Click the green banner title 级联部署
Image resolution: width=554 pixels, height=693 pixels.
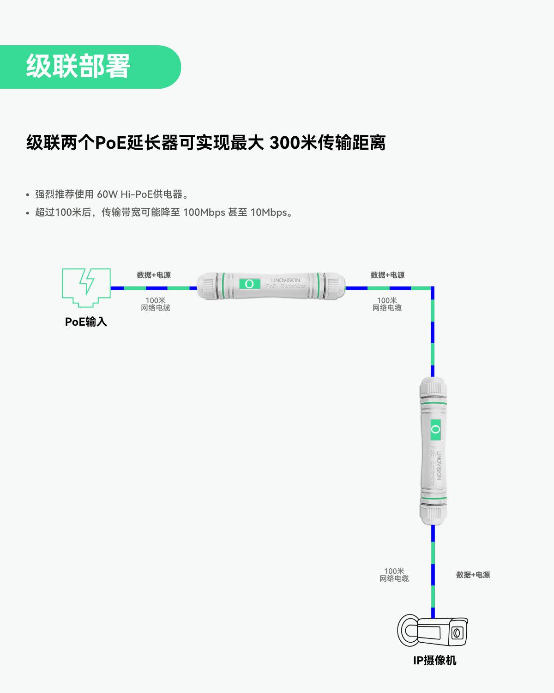pos(78,67)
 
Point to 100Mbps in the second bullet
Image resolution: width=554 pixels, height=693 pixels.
pos(204,213)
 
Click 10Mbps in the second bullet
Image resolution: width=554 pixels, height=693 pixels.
pos(269,213)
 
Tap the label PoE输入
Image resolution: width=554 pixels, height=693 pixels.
pos(86,322)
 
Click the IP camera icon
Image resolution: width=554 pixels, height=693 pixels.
pos(433,630)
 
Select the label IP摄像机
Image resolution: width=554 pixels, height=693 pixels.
pos(435,661)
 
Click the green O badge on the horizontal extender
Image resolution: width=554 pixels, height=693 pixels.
pos(249,284)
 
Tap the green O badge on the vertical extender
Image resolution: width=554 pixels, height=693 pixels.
pos(435,429)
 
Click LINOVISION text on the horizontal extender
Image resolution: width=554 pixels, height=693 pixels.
pos(285,280)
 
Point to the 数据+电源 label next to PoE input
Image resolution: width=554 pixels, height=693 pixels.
pos(154,275)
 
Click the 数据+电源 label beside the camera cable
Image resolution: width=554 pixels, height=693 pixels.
pos(473,575)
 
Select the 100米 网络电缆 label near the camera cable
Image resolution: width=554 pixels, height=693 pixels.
pos(394,575)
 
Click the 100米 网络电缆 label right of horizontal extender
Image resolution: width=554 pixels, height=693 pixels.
pos(387,304)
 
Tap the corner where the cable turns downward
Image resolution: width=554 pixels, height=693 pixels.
pos(433,288)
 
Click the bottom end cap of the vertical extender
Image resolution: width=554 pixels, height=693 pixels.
pos(434,514)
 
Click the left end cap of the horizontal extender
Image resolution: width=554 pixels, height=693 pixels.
pos(206,286)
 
